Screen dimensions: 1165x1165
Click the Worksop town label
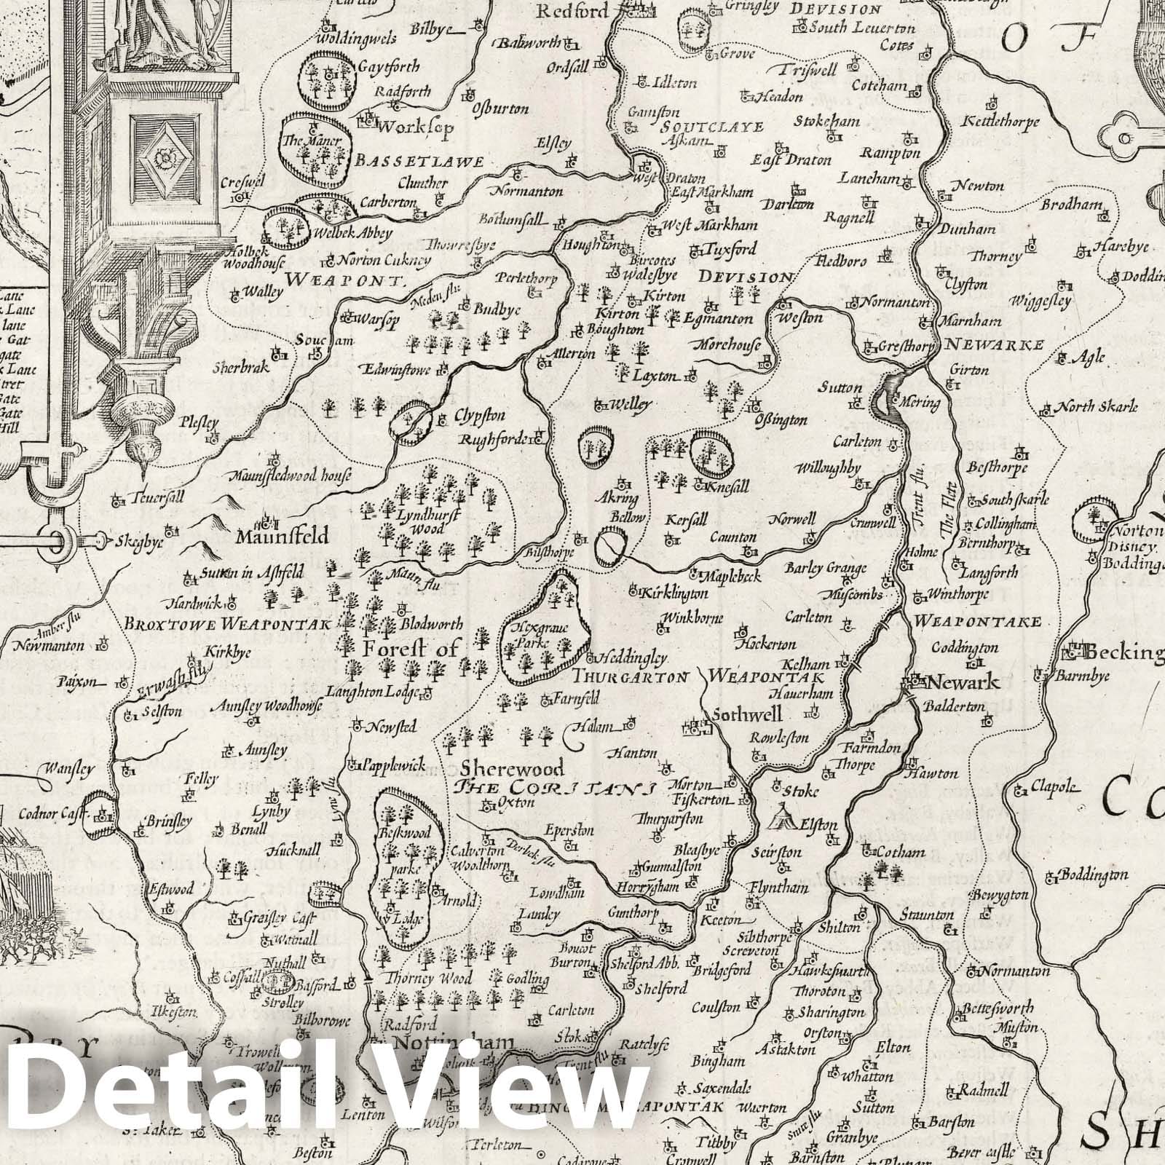point(417,127)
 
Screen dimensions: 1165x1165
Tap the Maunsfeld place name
point(283,537)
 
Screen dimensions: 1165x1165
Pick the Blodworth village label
point(431,624)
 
